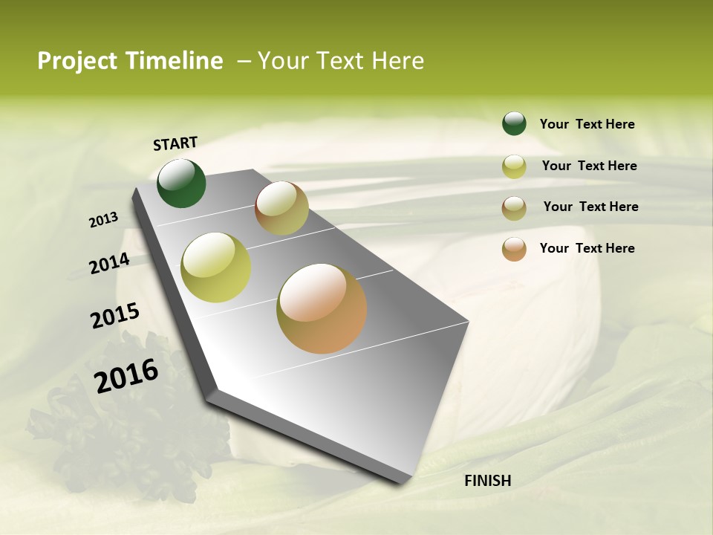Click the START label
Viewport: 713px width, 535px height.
(x=175, y=143)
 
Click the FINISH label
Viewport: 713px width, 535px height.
(x=487, y=481)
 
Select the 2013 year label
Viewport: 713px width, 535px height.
(x=103, y=220)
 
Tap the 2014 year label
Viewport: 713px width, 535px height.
(x=109, y=263)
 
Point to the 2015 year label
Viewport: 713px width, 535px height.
(x=114, y=315)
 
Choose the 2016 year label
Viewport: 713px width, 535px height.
(x=126, y=375)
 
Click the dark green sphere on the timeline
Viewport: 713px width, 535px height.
(x=181, y=183)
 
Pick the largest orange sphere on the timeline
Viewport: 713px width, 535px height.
(x=322, y=308)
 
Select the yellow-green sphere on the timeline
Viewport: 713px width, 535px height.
(x=215, y=267)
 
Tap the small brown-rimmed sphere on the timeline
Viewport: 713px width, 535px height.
(x=281, y=208)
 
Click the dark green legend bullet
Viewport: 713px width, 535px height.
(x=514, y=123)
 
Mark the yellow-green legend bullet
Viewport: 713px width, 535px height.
(x=514, y=166)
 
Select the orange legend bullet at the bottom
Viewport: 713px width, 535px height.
(x=514, y=249)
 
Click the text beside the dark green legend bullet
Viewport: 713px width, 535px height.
(x=587, y=124)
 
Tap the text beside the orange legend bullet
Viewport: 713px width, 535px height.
(x=587, y=248)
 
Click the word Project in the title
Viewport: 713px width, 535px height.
(x=77, y=61)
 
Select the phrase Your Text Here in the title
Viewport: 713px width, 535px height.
(x=340, y=61)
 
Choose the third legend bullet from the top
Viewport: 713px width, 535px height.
(x=514, y=208)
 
